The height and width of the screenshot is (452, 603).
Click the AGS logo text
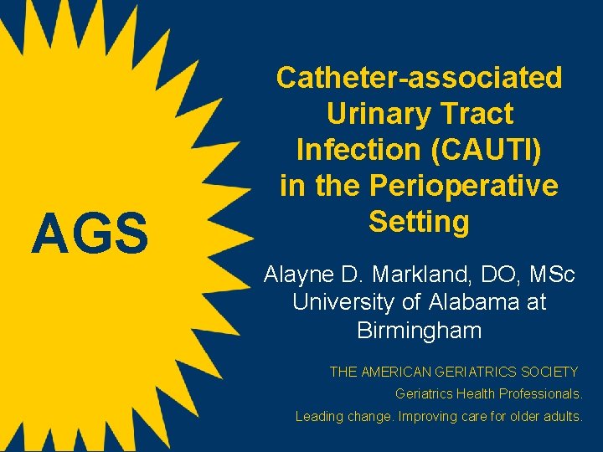point(90,234)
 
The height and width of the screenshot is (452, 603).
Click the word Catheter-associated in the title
point(419,78)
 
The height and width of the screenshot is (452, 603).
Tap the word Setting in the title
point(419,222)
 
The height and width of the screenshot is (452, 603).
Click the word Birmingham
point(419,331)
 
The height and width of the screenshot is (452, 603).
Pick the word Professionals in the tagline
point(539,393)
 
